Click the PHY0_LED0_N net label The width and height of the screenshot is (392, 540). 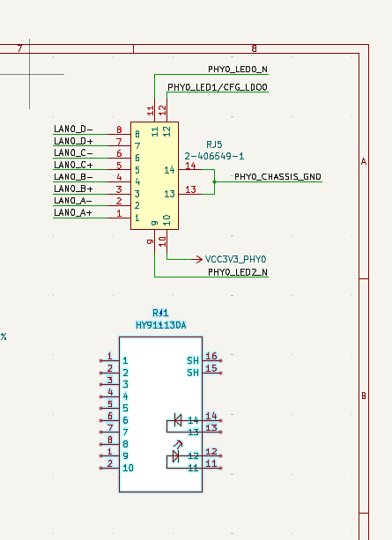(238, 70)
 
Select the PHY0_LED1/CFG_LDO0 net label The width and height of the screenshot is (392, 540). (218, 87)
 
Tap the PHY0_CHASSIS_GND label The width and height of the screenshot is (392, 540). (277, 177)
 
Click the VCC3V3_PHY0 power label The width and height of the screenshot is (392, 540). (235, 259)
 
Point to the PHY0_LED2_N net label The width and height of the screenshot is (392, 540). (238, 272)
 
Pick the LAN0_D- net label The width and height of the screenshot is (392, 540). (73, 129)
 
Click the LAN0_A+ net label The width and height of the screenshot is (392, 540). (73, 212)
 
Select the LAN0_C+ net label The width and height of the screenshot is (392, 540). (73, 165)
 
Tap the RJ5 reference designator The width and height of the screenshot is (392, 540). (214, 144)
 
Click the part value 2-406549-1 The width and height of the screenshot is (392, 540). (214, 156)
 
